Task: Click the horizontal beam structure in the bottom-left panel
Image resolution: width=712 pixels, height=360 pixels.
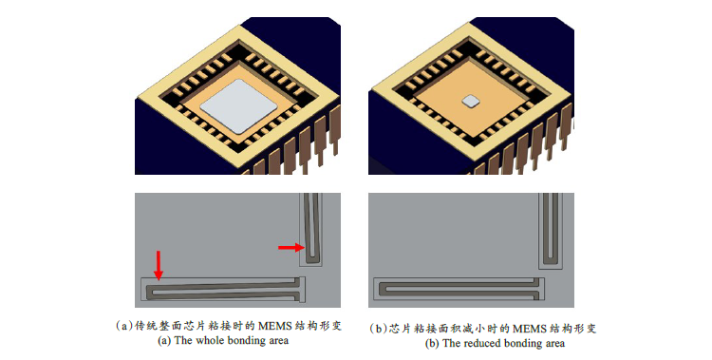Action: (222, 286)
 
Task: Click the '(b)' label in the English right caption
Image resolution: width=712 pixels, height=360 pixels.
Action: (432, 343)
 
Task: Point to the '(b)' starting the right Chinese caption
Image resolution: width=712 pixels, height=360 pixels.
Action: (379, 329)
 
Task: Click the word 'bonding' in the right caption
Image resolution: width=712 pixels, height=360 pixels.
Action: (521, 343)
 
